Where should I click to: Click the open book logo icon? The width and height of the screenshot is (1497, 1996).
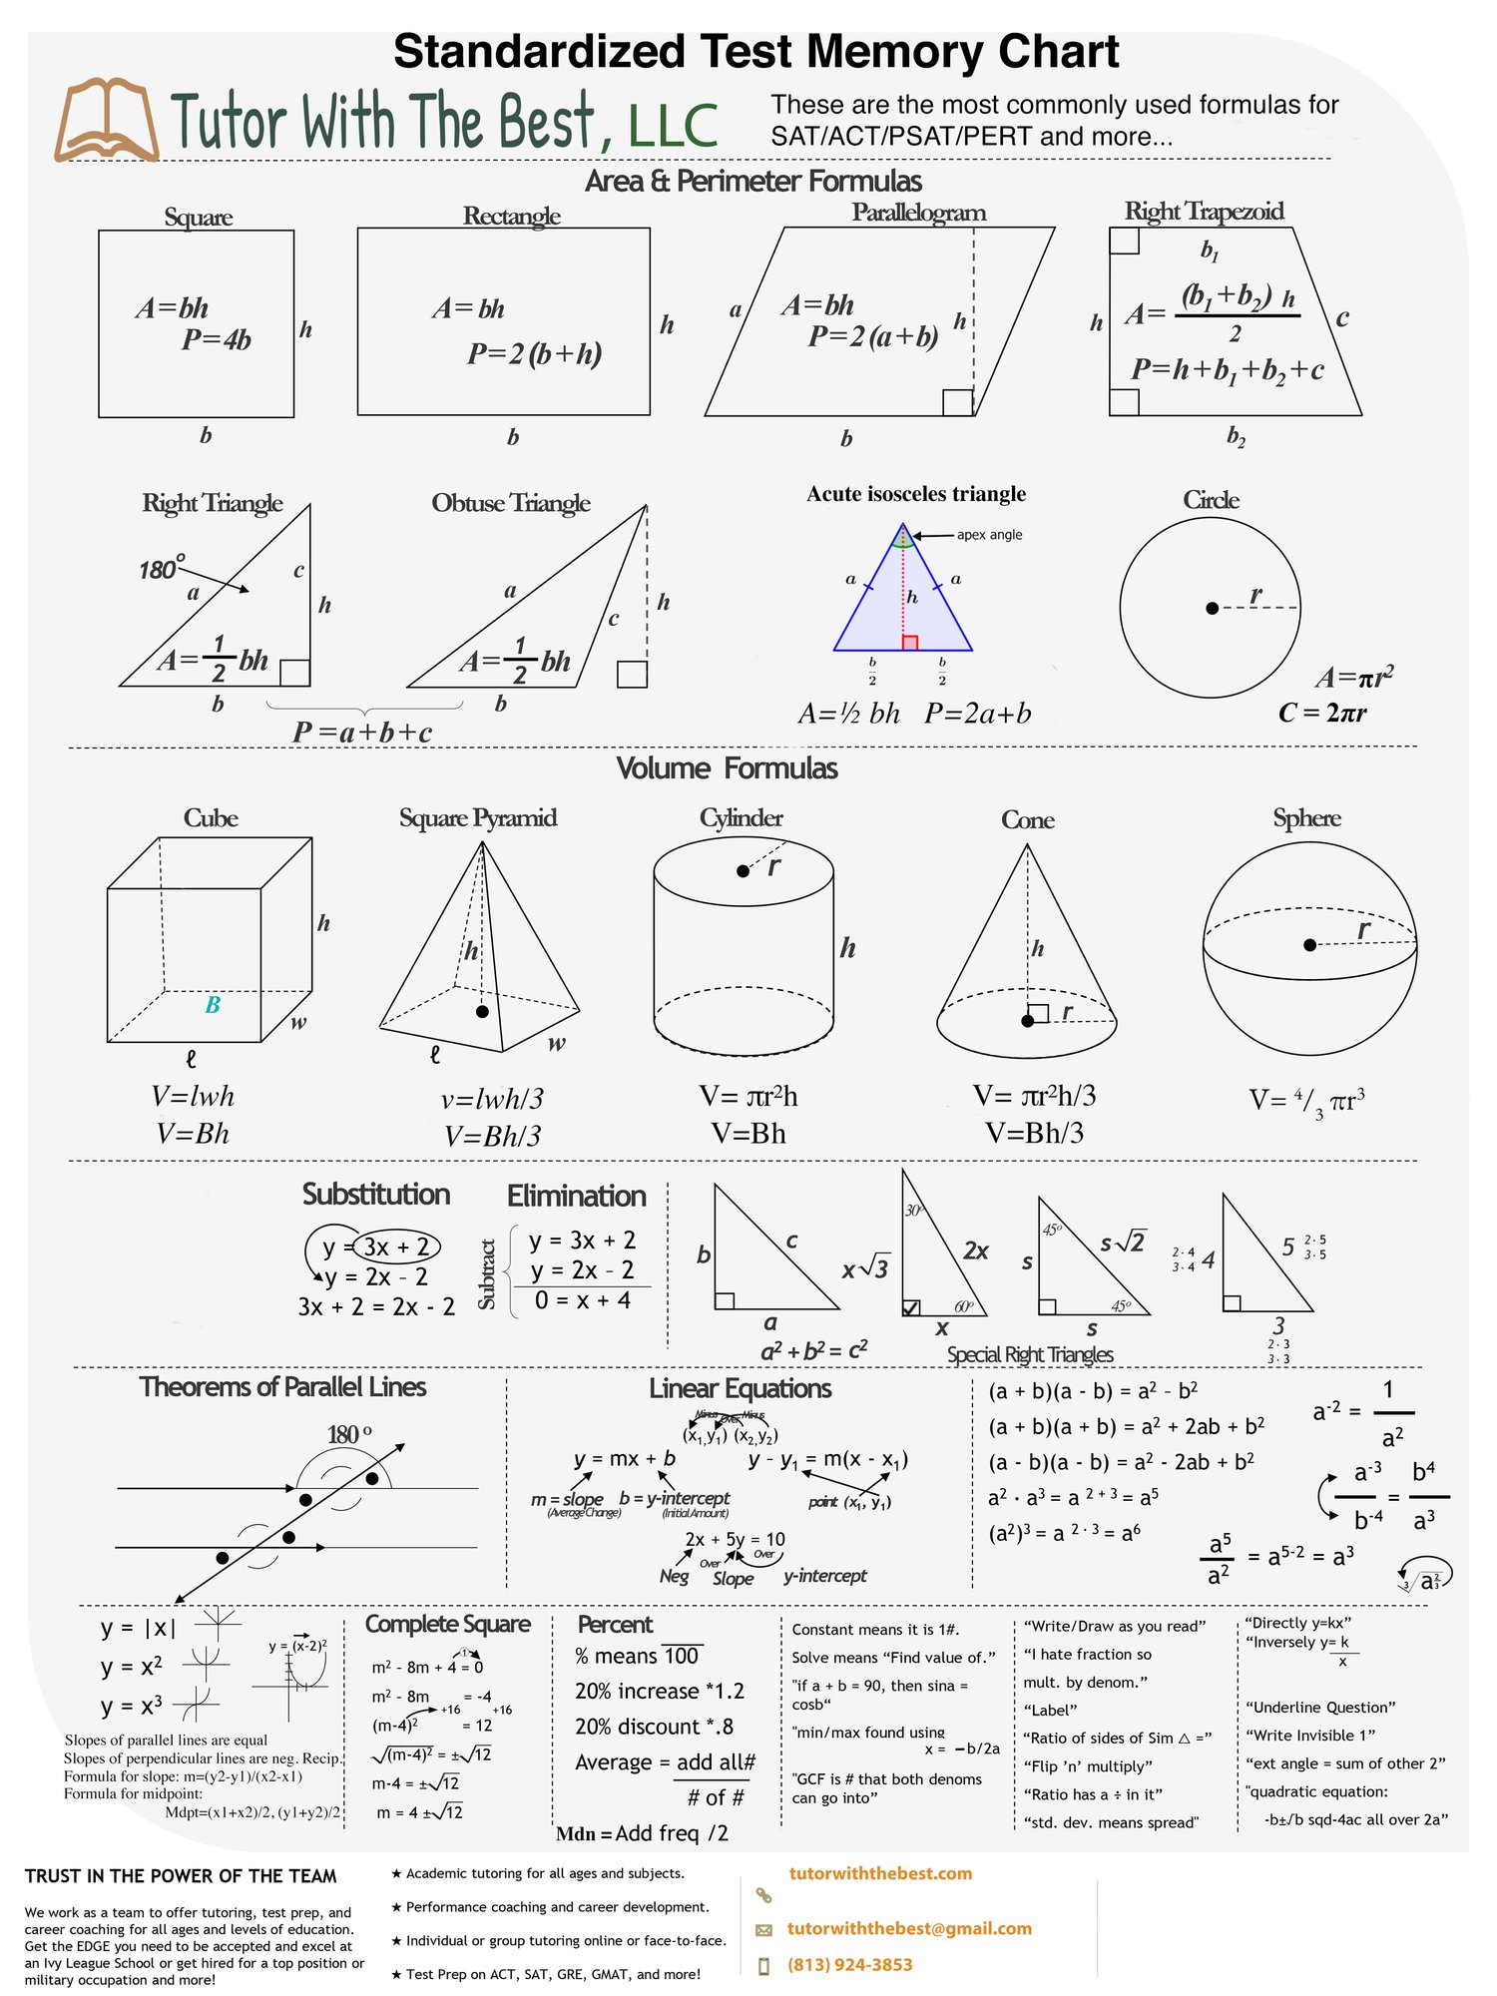click(x=105, y=120)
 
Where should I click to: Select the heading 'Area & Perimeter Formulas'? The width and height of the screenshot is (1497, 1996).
click(x=753, y=182)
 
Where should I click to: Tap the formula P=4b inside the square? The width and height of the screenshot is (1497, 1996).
click(x=216, y=340)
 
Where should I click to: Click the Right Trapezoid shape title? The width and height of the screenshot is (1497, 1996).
click(x=1204, y=212)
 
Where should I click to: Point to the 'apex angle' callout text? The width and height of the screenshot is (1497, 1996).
click(x=989, y=535)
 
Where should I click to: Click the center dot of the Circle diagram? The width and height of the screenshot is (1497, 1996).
click(x=1212, y=608)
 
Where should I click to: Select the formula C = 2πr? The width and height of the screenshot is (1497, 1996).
click(x=1322, y=713)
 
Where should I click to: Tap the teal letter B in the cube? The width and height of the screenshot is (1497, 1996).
click(x=213, y=1005)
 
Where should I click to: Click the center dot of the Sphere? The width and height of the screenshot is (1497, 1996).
click(x=1309, y=944)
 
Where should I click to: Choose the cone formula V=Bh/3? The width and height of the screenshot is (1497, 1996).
click(x=1034, y=1133)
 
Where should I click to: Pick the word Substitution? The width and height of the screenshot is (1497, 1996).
click(x=376, y=1195)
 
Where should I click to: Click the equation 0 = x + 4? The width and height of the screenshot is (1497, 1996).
click(x=582, y=1300)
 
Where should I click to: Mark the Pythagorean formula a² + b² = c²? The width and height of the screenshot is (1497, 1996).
click(x=813, y=1350)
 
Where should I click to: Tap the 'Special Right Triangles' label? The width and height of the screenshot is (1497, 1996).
click(x=1030, y=1354)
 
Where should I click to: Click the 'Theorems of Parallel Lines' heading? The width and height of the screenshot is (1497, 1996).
click(x=282, y=1387)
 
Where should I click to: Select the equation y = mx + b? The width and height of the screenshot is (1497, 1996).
click(x=625, y=1458)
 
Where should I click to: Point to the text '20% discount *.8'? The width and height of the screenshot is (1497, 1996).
click(x=654, y=1727)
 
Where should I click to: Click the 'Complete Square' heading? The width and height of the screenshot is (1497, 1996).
click(x=447, y=1624)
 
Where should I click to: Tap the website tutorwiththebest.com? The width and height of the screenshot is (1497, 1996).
click(x=880, y=1873)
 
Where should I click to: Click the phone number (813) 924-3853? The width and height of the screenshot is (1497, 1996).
click(x=849, y=1965)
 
